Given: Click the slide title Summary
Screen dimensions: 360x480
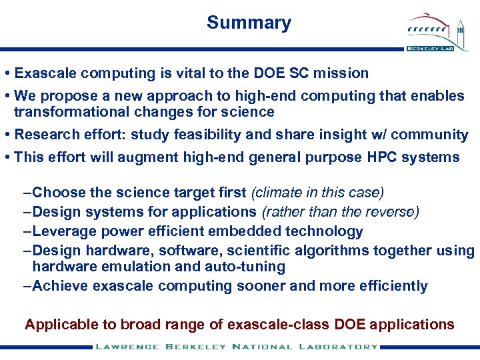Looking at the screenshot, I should tap(249, 23).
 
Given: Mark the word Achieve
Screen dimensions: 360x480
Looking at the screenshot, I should tap(61, 286).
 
